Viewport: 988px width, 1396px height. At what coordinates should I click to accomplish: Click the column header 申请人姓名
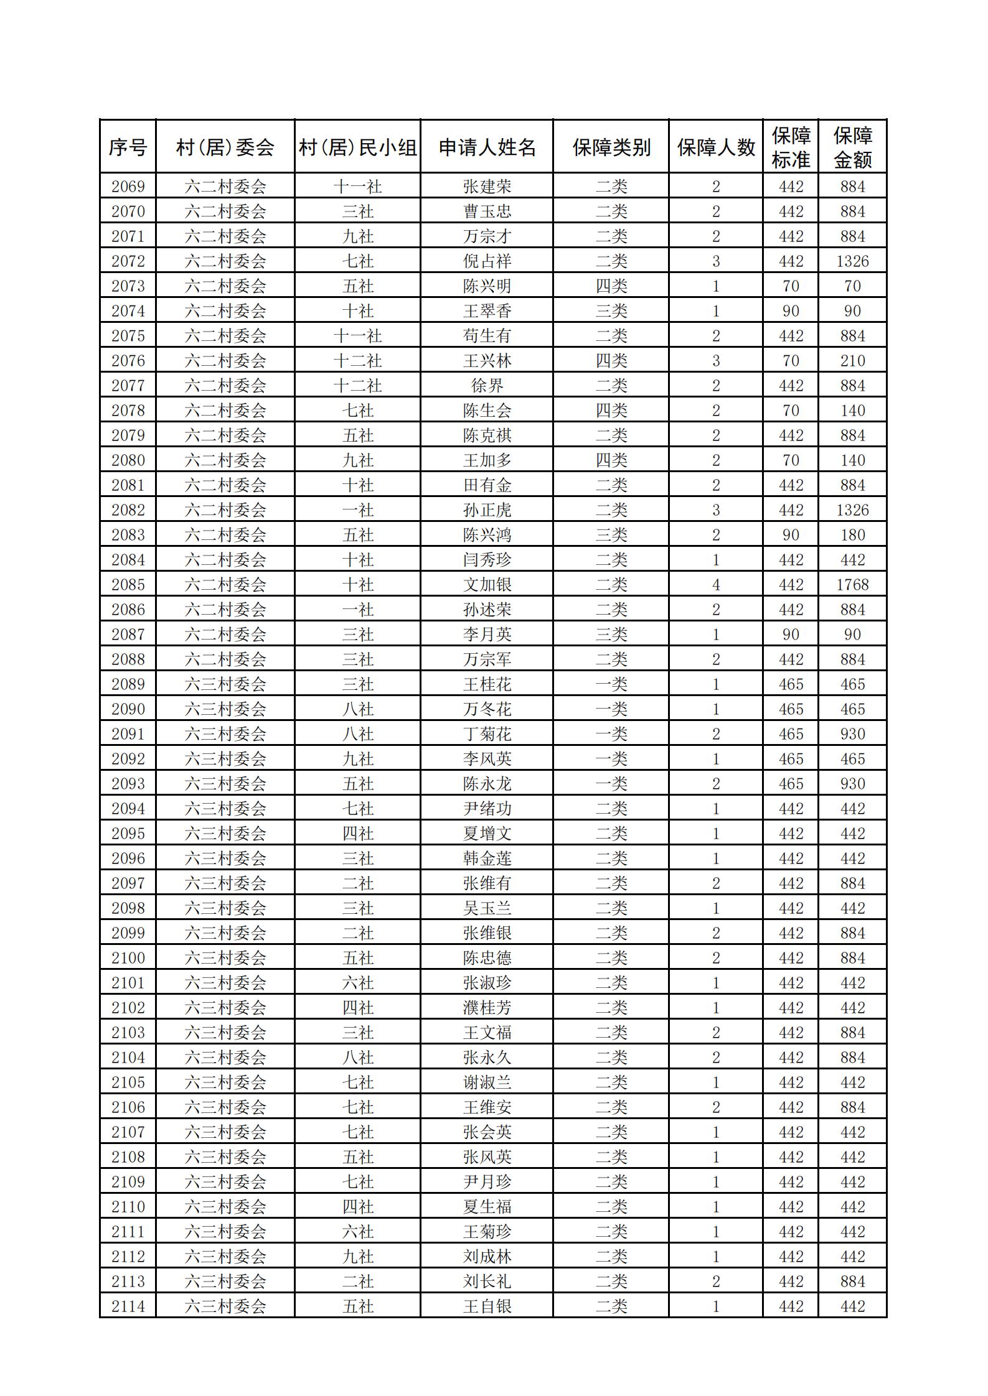pyautogui.click(x=487, y=147)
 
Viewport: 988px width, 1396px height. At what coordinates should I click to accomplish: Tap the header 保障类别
pyautogui.click(x=611, y=147)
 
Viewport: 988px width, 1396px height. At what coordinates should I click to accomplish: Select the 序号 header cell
pyautogui.click(x=128, y=147)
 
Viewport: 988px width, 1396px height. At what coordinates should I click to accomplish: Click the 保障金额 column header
pyautogui.click(x=852, y=147)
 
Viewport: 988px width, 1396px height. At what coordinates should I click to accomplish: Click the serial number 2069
pyautogui.click(x=128, y=187)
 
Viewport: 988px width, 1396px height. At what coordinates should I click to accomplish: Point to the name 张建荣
pyautogui.click(x=487, y=187)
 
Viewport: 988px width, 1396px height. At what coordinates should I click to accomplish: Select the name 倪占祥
pyautogui.click(x=487, y=261)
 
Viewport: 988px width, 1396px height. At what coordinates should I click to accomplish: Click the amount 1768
pyautogui.click(x=852, y=585)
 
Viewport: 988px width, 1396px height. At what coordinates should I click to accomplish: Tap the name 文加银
pyautogui.click(x=487, y=585)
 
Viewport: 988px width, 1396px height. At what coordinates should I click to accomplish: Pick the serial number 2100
pyautogui.click(x=128, y=958)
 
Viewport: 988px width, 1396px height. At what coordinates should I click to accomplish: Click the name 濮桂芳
pyautogui.click(x=487, y=1008)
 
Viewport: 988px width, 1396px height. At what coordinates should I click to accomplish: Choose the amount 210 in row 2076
pyautogui.click(x=852, y=361)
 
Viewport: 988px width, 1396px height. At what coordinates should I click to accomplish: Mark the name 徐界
pyautogui.click(x=487, y=386)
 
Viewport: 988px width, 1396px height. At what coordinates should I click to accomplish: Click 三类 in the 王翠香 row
pyautogui.click(x=611, y=311)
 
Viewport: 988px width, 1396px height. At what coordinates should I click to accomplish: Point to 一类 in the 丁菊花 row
pyautogui.click(x=611, y=734)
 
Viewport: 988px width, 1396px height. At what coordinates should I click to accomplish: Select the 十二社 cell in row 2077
pyautogui.click(x=357, y=386)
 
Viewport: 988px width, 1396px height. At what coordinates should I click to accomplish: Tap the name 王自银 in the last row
pyautogui.click(x=487, y=1306)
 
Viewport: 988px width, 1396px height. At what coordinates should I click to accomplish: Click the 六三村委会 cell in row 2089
pyautogui.click(x=225, y=684)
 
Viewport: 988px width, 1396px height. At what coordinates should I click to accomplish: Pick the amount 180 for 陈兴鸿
pyautogui.click(x=852, y=535)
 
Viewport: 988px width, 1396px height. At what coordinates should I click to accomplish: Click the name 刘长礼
pyautogui.click(x=487, y=1282)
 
